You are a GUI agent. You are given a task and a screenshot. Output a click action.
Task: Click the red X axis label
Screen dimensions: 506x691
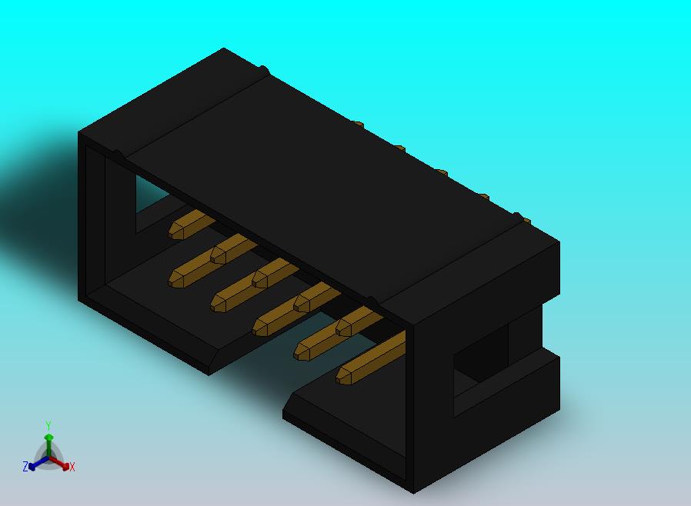[x=72, y=467]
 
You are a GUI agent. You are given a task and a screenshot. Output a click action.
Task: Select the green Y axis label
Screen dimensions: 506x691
[x=48, y=425]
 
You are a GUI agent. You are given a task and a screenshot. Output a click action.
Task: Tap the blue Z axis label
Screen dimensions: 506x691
[x=25, y=467]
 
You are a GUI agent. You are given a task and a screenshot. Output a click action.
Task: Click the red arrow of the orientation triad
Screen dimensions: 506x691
[x=62, y=464]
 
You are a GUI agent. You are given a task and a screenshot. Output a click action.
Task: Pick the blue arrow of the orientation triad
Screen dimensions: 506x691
[x=35, y=464]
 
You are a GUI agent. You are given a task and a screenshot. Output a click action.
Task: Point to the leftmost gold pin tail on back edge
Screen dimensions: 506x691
[x=357, y=123]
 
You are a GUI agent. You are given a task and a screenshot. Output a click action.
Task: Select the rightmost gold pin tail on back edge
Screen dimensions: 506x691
[x=526, y=221]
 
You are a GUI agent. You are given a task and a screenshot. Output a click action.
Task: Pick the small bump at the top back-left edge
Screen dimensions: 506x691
[x=263, y=71]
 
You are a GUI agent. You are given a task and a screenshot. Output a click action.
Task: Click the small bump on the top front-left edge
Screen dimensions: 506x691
[x=118, y=155]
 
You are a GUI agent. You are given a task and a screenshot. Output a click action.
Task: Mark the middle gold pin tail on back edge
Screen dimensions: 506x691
[x=441, y=171]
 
